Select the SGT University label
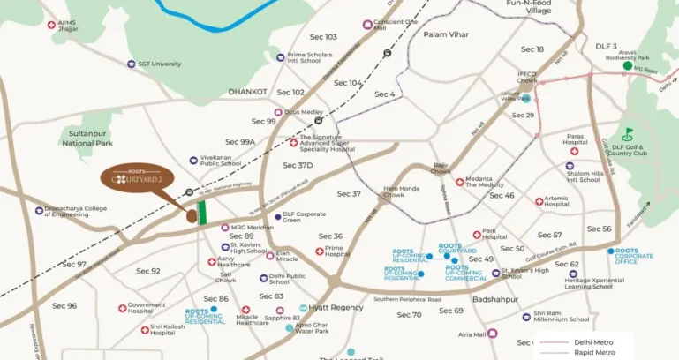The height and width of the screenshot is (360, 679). click(x=159, y=64)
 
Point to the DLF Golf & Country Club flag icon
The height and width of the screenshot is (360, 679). click(x=629, y=134)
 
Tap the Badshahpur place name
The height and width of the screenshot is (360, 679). click(x=473, y=300)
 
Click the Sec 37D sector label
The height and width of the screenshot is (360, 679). click(x=298, y=165)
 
